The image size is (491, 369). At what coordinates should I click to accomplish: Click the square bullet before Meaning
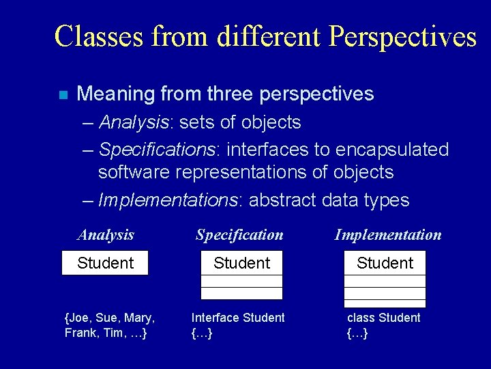pos(63,95)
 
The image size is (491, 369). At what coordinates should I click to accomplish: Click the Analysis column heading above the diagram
pos(106,235)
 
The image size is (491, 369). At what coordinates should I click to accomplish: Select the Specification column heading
pos(239,235)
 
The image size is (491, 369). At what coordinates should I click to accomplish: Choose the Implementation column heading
pos(387,235)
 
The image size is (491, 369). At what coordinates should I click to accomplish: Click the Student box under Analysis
pos(105,263)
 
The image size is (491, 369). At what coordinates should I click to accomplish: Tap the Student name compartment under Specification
pos(241,263)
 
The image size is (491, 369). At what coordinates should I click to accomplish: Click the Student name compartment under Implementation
pos(385,263)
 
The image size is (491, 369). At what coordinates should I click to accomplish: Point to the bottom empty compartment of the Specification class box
pos(241,294)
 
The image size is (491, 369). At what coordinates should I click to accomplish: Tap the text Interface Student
pos(238,318)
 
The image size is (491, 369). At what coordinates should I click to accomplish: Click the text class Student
pos(383,318)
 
